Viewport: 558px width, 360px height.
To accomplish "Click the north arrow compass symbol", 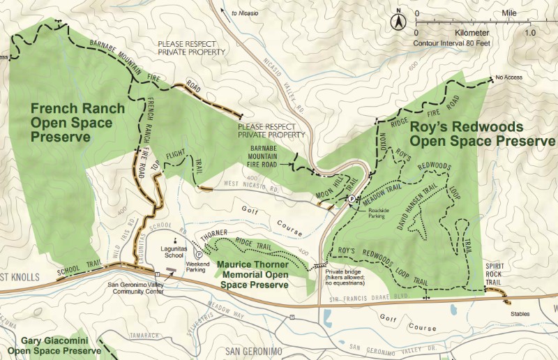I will (x=398, y=22).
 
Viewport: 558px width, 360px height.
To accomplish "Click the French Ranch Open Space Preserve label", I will (x=77, y=123).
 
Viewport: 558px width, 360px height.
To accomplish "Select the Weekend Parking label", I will (x=200, y=266).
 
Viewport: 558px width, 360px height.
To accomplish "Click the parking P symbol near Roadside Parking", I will (x=351, y=200).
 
